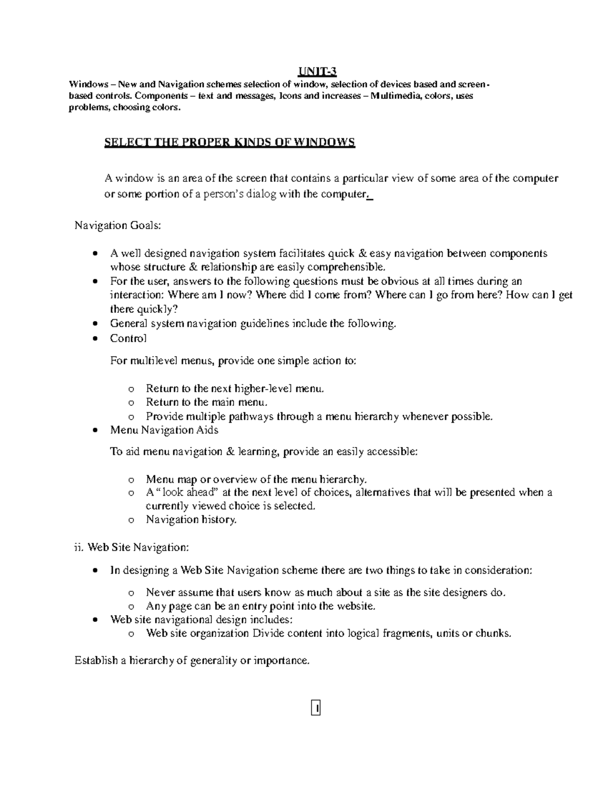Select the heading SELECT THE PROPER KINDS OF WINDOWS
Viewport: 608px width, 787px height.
pos(230,142)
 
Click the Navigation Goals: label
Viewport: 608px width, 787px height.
pos(118,226)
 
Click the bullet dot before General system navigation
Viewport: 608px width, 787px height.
pos(95,324)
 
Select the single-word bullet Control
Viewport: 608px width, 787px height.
pos(128,338)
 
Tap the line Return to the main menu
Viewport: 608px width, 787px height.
pos(206,402)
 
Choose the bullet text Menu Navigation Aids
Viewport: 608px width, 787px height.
pos(164,430)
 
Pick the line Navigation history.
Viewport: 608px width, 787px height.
pos(191,519)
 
